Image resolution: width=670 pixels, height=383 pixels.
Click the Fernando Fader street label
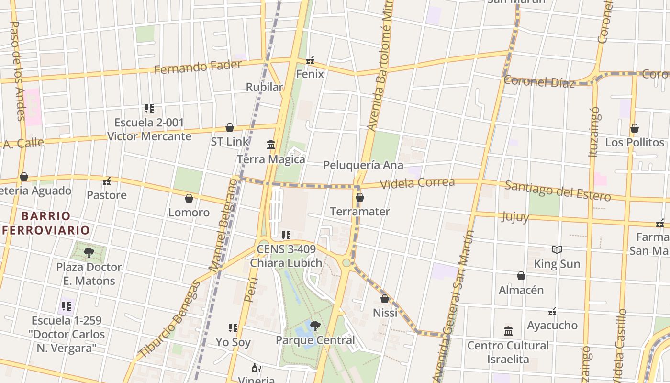click(x=198, y=67)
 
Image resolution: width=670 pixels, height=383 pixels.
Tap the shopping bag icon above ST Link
click(x=230, y=127)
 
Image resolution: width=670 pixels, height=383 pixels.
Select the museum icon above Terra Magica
click(x=271, y=145)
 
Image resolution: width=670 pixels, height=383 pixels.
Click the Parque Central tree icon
click(x=315, y=326)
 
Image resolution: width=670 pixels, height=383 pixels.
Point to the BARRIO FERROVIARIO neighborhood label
click(x=46, y=223)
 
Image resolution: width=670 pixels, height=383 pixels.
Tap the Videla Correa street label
click(x=417, y=182)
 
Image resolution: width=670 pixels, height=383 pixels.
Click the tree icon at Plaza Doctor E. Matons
click(x=89, y=252)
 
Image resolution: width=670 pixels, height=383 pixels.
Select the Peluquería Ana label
click(x=363, y=165)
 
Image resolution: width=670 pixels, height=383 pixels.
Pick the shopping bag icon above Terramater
click(x=360, y=197)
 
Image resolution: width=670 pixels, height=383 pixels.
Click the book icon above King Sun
click(x=557, y=249)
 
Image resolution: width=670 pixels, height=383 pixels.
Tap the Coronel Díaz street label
click(x=539, y=82)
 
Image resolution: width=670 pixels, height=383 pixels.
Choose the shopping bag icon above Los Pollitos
click(x=635, y=128)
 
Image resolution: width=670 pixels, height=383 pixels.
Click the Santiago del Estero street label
click(x=558, y=191)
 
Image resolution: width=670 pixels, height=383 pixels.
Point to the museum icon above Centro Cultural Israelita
click(x=508, y=331)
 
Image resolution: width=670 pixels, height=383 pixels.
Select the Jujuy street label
click(x=515, y=216)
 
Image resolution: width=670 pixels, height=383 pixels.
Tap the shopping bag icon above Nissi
click(x=385, y=299)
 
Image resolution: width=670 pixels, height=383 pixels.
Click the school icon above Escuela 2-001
click(x=149, y=108)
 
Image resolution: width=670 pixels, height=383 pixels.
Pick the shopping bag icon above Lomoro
click(x=189, y=198)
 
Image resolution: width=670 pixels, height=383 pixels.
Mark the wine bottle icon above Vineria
click(x=256, y=368)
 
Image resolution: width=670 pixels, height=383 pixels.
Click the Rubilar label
click(x=264, y=87)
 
